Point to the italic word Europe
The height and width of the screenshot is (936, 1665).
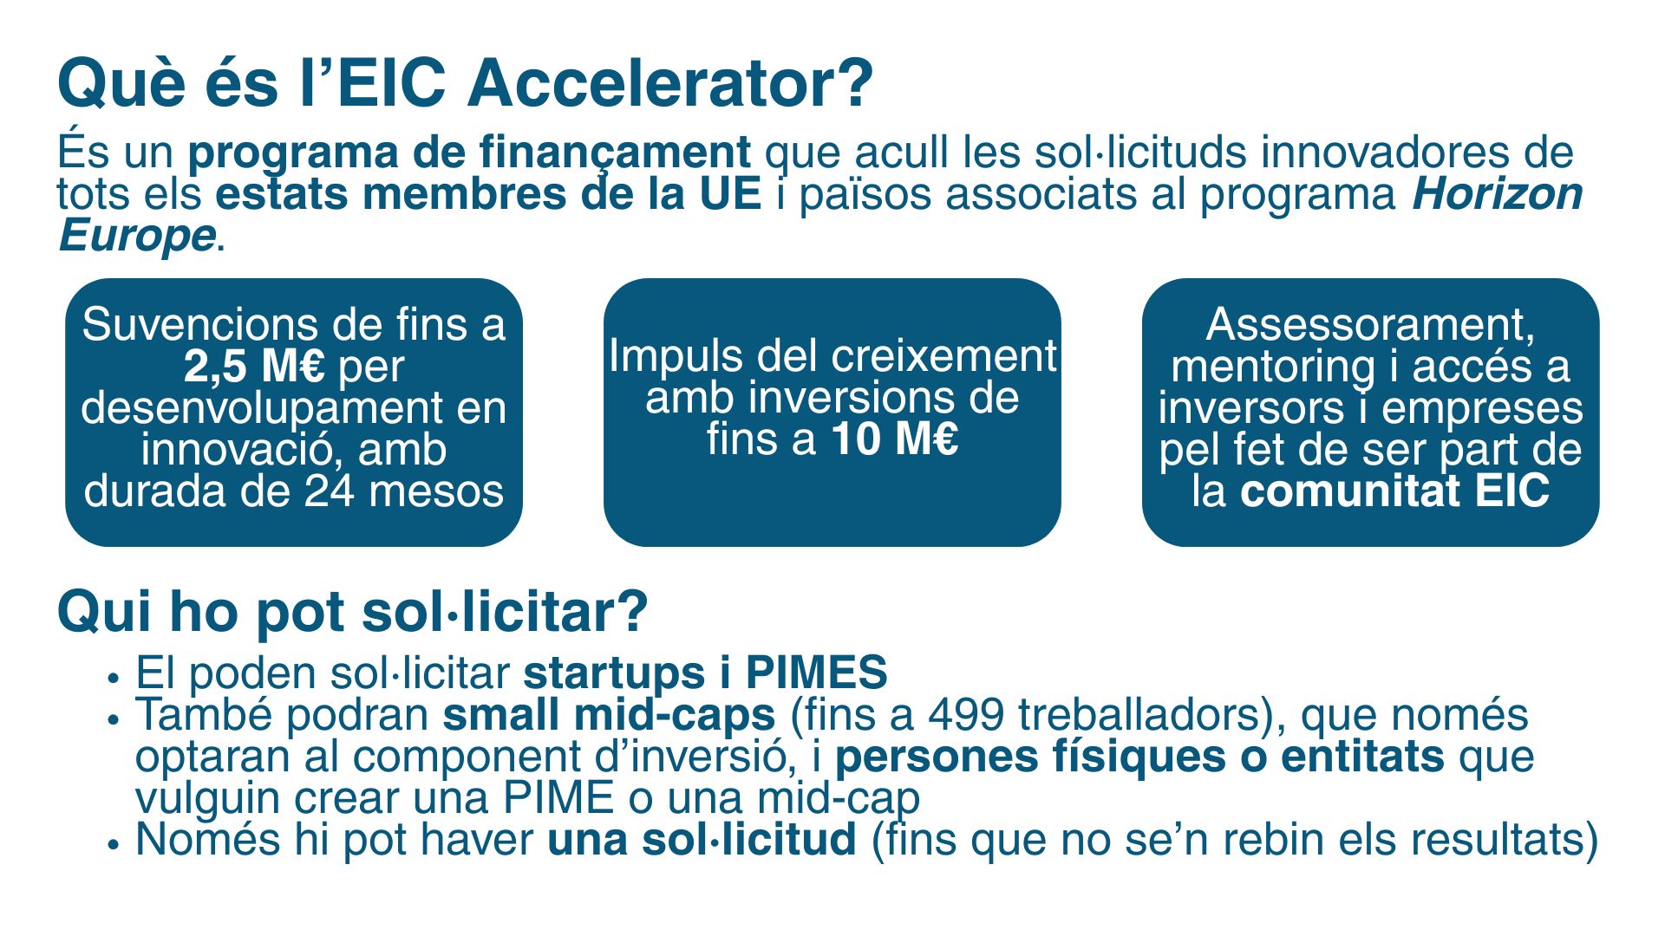click(x=137, y=236)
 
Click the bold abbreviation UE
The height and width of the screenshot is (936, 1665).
click(x=730, y=194)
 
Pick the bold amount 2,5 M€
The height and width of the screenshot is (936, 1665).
click(x=255, y=367)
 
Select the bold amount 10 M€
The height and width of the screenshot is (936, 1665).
click(x=895, y=439)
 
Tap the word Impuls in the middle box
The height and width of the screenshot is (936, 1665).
click(x=676, y=357)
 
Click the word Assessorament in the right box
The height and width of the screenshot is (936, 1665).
click(x=1370, y=325)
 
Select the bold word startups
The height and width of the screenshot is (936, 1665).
click(x=614, y=673)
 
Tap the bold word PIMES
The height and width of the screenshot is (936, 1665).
click(x=817, y=673)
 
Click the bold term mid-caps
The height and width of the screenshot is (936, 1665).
click(x=675, y=716)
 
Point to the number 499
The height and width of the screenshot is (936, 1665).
click(x=966, y=715)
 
